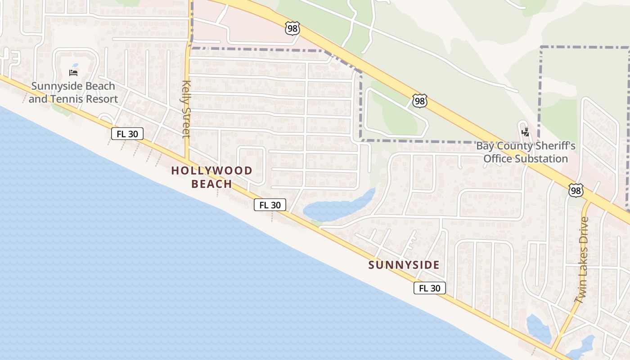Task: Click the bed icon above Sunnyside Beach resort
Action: click(73, 72)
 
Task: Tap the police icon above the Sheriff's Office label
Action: click(525, 132)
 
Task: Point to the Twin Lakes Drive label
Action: click(581, 260)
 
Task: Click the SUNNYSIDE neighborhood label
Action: click(404, 265)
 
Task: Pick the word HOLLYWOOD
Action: click(211, 171)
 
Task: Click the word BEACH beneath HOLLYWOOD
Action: click(211, 184)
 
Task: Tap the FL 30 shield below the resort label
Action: click(127, 133)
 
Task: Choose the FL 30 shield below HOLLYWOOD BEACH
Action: click(270, 205)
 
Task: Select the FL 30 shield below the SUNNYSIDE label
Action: click(430, 288)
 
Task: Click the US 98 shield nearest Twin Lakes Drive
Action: click(576, 190)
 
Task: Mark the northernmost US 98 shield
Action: click(292, 28)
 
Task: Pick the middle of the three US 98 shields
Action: click(419, 101)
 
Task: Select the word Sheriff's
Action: click(554, 146)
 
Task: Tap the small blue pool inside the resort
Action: click(75, 65)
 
